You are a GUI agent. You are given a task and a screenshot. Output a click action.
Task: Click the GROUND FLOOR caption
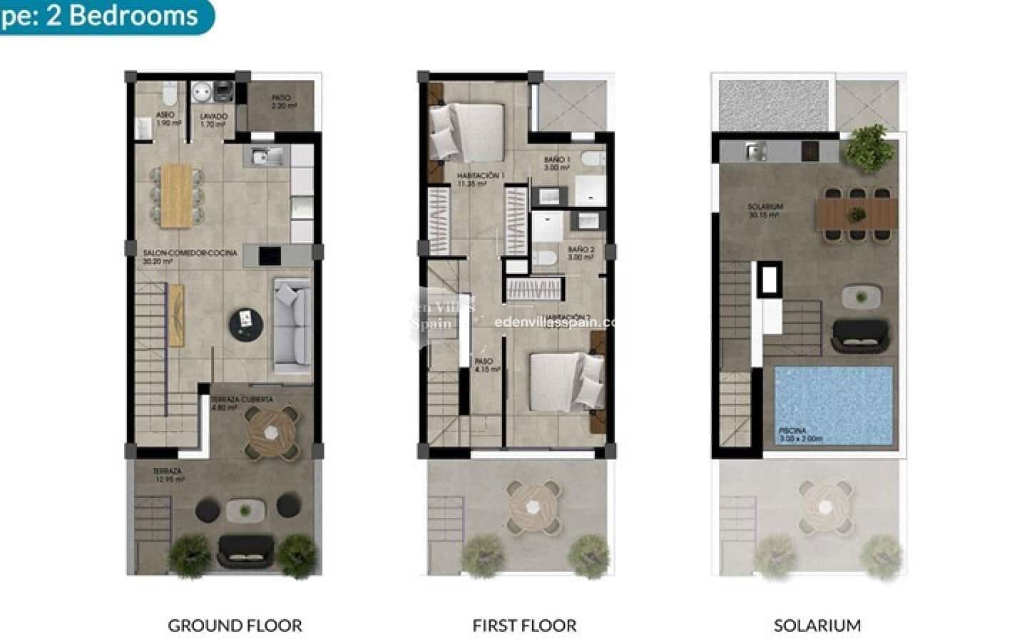point(235,626)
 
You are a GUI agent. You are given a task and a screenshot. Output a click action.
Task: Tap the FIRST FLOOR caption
point(524,626)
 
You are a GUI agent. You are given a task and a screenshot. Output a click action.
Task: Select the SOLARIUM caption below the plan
point(817,626)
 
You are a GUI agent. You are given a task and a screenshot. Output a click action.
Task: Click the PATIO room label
point(284,102)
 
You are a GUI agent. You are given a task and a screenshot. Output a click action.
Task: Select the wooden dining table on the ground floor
point(176,195)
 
